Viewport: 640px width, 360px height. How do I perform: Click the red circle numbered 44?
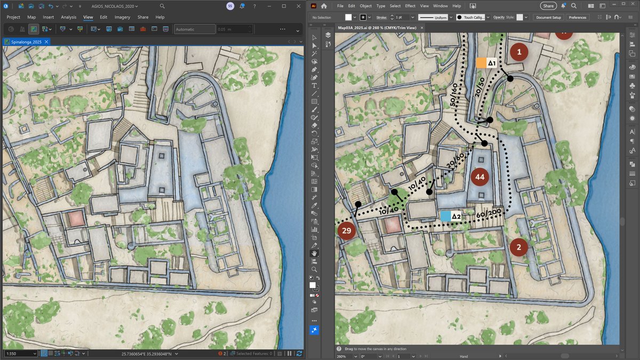[x=479, y=177]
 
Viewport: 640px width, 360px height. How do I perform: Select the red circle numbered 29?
[x=347, y=230]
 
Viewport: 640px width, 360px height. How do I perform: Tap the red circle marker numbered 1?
[x=519, y=52]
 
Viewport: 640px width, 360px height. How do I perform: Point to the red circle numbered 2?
[x=518, y=247]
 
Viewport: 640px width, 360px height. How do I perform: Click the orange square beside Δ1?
[x=481, y=63]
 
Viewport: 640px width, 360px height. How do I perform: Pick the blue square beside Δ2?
[x=445, y=216]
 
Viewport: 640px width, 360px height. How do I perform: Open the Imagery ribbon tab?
[x=122, y=17]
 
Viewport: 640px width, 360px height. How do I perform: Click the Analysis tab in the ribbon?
[x=68, y=17]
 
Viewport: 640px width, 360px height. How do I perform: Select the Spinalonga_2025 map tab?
[x=22, y=42]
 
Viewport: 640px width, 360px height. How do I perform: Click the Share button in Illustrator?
[x=548, y=6]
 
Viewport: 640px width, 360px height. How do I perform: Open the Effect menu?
[x=410, y=6]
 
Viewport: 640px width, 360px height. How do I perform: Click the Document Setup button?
[x=548, y=18]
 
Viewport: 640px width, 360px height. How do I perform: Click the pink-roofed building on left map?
[x=75, y=218]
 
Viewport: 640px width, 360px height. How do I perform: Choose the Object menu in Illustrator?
[x=366, y=6]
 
